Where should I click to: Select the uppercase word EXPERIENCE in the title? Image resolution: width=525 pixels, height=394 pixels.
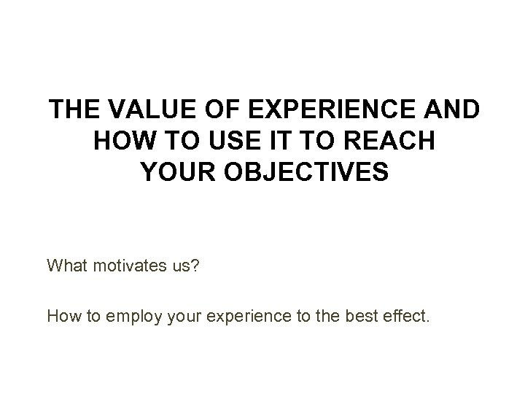pos(332,110)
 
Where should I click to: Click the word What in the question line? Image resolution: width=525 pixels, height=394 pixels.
pos(66,264)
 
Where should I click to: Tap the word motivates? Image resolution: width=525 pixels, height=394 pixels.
pos(125,264)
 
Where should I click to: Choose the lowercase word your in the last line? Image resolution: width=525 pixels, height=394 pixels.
pos(187,317)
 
